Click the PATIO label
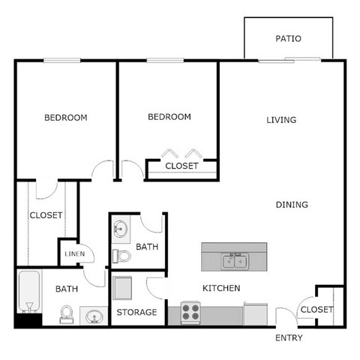coord(288,39)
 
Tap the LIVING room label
coord(282,120)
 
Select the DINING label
coord(292,205)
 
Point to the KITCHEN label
coord(221,288)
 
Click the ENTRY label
coord(288,338)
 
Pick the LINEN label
coord(73,255)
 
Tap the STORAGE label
coord(136,312)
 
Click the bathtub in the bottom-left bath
coord(29,295)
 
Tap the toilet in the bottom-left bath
coord(66,312)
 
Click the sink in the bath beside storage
coord(121,229)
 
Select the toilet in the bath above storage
coord(121,256)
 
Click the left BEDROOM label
coord(65,118)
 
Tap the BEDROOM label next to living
coord(169,117)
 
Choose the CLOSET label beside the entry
coord(316,310)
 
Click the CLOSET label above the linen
coord(46,215)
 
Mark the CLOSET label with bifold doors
coord(182,166)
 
